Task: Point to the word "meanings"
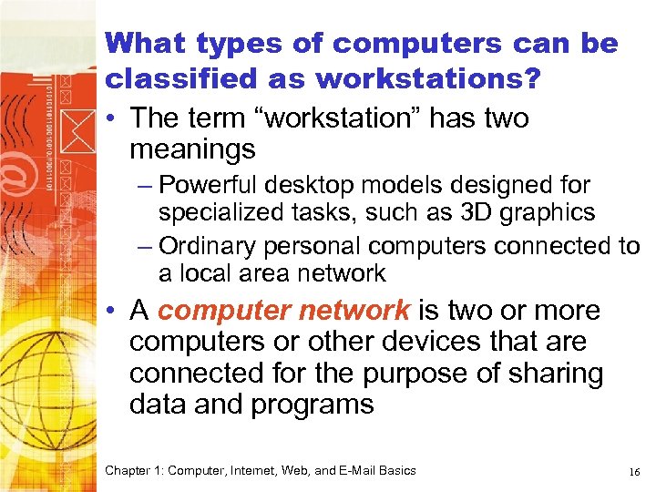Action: coord(192,148)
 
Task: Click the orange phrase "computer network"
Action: coord(283,311)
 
